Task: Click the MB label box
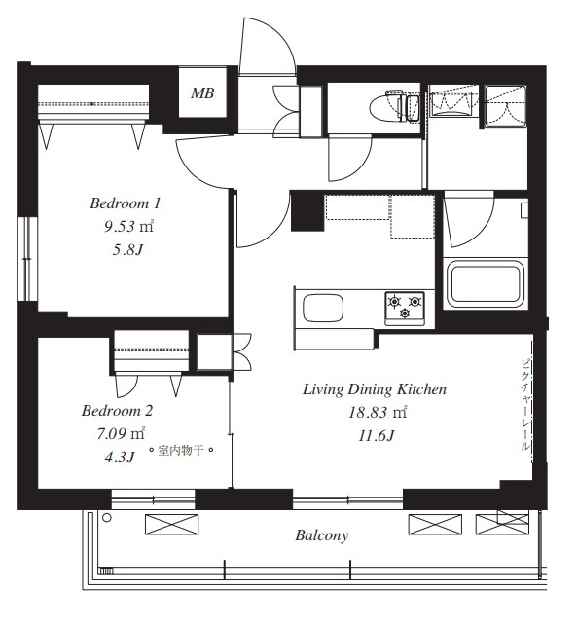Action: tap(202, 92)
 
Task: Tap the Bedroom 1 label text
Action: tap(125, 203)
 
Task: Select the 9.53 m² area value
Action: tap(128, 227)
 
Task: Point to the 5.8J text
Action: tap(127, 250)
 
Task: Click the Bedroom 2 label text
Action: tap(117, 411)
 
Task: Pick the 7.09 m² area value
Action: tap(121, 433)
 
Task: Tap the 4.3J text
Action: tap(120, 457)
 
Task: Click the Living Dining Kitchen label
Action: tap(375, 389)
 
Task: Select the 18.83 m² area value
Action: tap(378, 412)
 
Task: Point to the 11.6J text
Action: tap(377, 435)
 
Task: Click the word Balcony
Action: tap(322, 535)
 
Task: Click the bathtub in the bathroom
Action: tap(486, 283)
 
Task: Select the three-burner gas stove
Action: tap(405, 308)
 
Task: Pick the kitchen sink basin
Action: tap(323, 308)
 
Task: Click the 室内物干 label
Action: tap(181, 451)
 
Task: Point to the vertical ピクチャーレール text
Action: tap(524, 404)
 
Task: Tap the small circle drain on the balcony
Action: tap(106, 518)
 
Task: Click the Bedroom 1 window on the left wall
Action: tap(26, 259)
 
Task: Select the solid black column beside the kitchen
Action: tap(307, 212)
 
